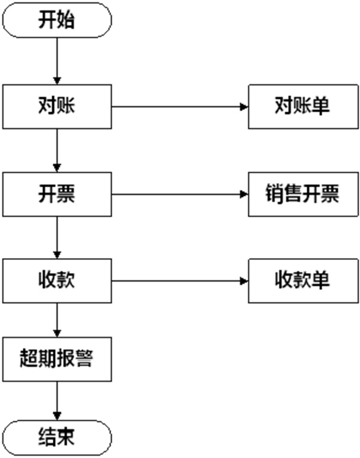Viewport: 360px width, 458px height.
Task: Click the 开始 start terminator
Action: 57,20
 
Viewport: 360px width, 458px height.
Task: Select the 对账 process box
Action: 57,107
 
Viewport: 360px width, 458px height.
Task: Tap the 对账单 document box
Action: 304,107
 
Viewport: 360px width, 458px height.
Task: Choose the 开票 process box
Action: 57,194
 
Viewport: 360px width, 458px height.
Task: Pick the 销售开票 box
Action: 304,194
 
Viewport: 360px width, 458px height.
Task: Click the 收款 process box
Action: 57,281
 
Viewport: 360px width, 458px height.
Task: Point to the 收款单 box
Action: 304,281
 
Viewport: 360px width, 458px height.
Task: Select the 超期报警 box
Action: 57,360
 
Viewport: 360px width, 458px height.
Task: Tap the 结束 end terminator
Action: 57,438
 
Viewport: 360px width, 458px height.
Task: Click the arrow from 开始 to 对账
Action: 57,61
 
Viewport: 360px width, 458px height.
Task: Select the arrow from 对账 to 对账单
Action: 180,107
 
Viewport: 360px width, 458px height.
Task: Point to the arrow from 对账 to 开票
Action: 57,151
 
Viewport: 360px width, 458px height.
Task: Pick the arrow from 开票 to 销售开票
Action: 180,194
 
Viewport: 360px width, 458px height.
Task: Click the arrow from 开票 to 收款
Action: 57,238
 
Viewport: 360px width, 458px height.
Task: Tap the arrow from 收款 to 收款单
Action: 180,281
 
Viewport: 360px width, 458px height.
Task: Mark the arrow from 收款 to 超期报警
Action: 57,320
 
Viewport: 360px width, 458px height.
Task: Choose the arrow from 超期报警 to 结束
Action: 57,401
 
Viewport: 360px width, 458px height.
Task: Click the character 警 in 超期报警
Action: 84,358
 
